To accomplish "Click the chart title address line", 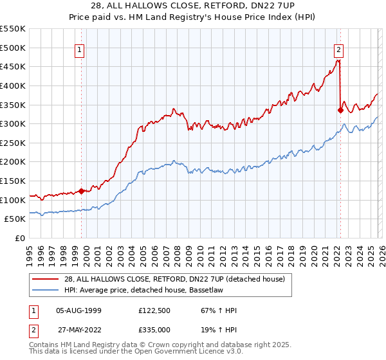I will point(193,6).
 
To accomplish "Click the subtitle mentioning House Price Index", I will point(193,17).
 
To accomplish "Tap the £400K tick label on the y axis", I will point(13,85).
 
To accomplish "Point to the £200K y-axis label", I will point(13,162).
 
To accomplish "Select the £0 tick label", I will point(19,239).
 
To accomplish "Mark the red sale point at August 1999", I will point(81,191).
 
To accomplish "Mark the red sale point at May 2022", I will point(340,110).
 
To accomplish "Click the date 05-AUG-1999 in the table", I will point(79,310).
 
